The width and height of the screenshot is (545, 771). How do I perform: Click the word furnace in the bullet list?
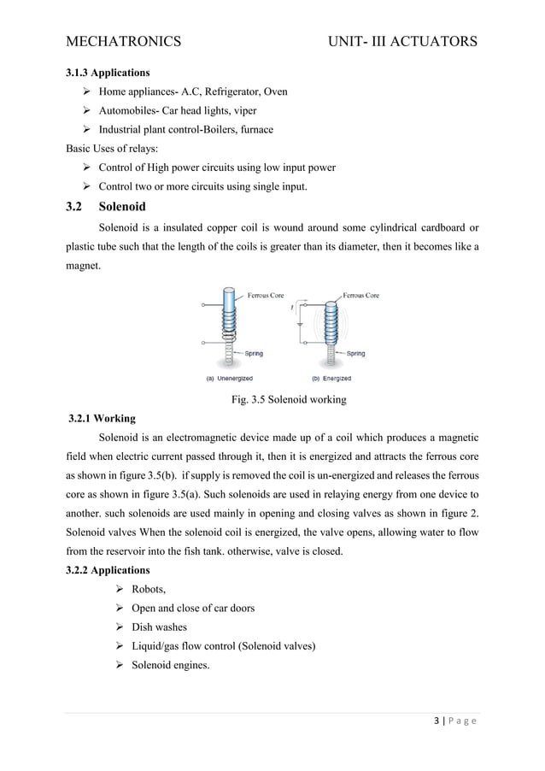click(x=254, y=129)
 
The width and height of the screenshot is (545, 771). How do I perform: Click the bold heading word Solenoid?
click(x=122, y=207)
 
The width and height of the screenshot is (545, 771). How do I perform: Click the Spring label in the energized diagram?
click(x=355, y=353)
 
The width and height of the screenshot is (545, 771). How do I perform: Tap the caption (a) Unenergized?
click(x=229, y=378)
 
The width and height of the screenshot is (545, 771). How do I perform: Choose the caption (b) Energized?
click(x=325, y=378)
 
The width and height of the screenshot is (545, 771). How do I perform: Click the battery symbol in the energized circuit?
click(x=299, y=324)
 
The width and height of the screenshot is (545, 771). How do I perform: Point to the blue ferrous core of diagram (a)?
click(x=229, y=304)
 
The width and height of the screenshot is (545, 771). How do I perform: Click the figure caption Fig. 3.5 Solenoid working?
click(x=289, y=399)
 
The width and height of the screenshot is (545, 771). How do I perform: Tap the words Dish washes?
click(x=159, y=627)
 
